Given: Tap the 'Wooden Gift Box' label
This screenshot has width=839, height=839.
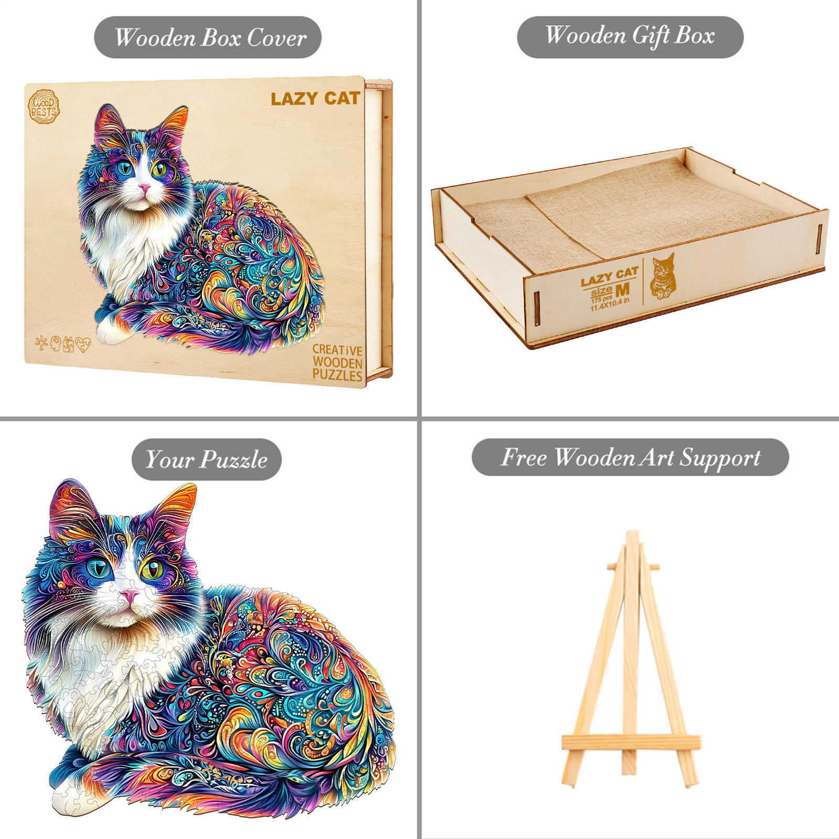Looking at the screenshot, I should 630,37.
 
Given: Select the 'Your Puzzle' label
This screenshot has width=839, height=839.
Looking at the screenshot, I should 206,459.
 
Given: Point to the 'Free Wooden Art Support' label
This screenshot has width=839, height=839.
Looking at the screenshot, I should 630,457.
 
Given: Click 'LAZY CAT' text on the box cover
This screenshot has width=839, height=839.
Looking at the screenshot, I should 315,99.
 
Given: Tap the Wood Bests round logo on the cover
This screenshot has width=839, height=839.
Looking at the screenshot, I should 44,107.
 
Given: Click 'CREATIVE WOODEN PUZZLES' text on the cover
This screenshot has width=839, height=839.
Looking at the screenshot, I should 337,363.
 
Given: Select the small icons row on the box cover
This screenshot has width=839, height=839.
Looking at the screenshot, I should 63,344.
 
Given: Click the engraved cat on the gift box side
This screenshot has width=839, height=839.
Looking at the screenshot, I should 663,276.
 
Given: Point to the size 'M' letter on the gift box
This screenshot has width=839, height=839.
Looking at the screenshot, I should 622,289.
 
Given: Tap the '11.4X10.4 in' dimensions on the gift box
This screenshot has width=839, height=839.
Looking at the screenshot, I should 609,305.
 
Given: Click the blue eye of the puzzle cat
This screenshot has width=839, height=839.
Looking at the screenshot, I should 99,568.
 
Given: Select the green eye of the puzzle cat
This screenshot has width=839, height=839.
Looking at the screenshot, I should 152,570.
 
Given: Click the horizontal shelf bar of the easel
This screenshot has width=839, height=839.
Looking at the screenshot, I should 631,742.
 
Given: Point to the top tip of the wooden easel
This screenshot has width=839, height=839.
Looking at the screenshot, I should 632,535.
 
